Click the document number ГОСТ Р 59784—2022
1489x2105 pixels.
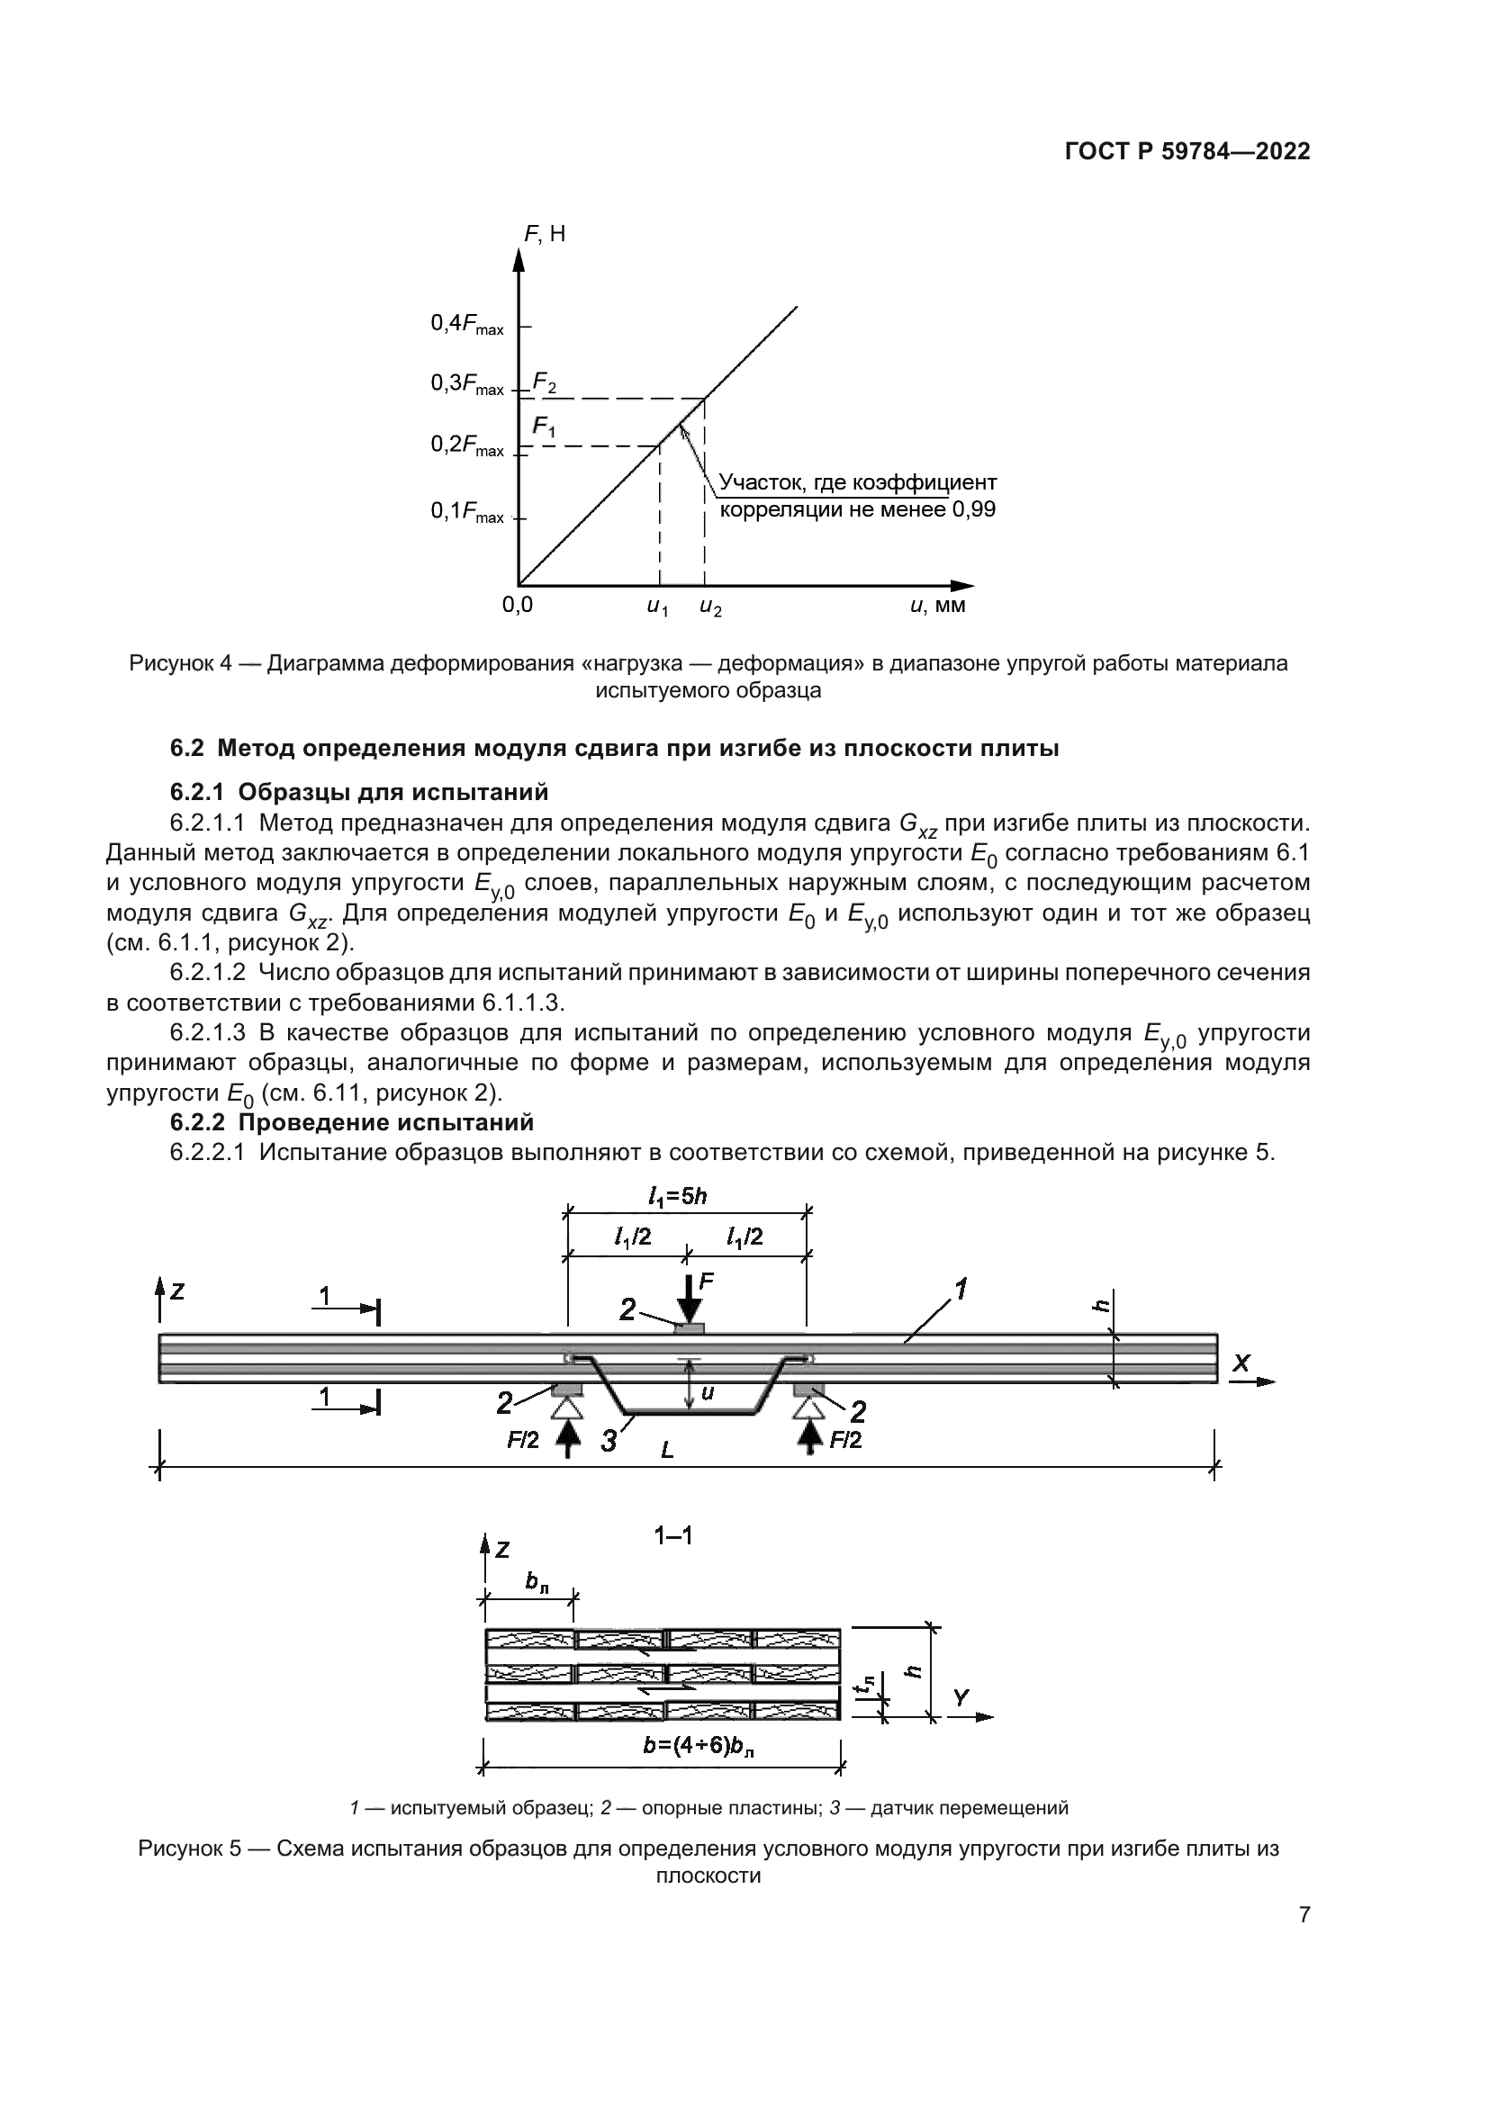(1187, 152)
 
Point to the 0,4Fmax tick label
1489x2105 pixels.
(466, 325)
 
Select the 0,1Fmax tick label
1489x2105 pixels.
(466, 512)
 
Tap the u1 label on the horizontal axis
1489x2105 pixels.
(657, 607)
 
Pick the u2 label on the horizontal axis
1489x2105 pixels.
(709, 607)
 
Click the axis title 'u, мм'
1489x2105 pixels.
(937, 606)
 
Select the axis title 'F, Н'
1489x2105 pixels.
(545, 234)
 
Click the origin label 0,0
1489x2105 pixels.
(517, 606)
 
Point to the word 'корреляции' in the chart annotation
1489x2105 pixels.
(781, 509)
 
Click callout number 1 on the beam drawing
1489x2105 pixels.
(960, 1290)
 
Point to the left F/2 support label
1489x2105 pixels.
(524, 1440)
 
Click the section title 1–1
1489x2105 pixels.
(672, 1534)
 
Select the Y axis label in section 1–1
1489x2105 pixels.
(960, 1698)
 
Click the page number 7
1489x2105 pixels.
(1304, 1915)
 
